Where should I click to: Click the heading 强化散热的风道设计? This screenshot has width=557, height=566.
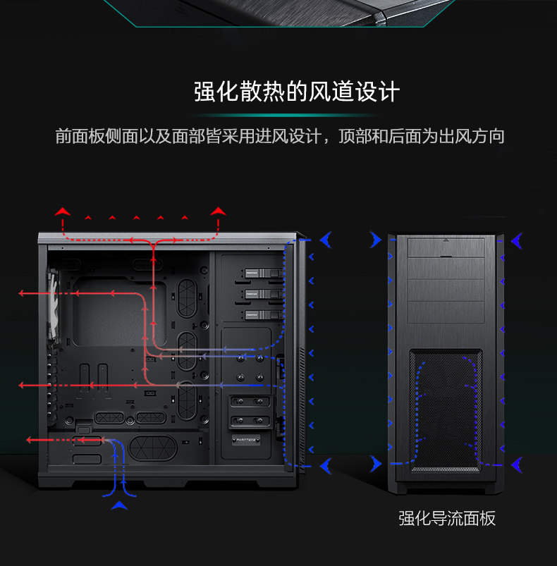pos(297,92)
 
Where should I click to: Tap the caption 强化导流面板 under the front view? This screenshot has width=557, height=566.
pos(447,519)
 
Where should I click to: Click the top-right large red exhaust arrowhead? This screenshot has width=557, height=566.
pos(218,211)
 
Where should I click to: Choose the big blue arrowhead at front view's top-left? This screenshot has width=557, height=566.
pos(374,241)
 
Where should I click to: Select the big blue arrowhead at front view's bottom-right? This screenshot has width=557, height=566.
pos(518,464)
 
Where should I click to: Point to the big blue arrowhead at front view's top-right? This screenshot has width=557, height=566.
pos(518,241)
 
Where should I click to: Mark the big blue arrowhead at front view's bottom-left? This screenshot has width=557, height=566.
pos(374,464)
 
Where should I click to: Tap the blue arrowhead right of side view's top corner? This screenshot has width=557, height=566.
pos(325,240)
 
